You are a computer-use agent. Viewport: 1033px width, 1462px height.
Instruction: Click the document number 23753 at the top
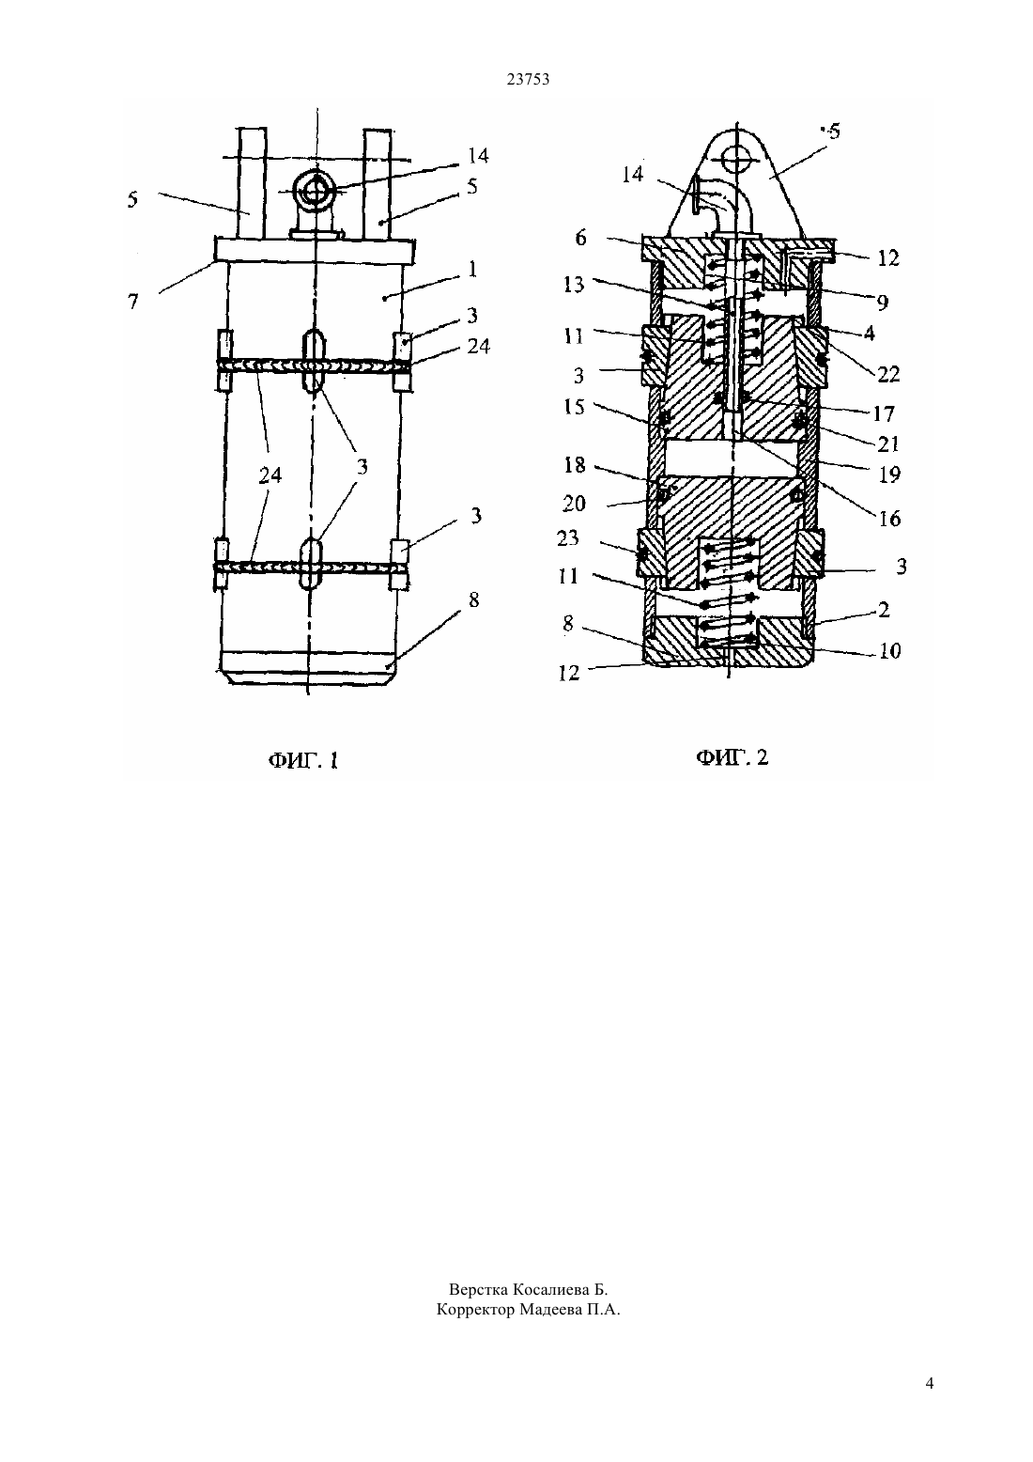tap(528, 80)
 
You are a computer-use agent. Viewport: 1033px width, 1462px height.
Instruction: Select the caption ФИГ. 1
tap(303, 760)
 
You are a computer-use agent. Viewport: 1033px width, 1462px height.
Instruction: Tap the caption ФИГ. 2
tap(732, 757)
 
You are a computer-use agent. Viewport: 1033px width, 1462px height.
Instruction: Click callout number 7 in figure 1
tap(133, 302)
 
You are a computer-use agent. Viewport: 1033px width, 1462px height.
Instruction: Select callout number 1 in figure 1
tap(472, 269)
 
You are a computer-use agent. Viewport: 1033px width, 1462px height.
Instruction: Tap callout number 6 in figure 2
tap(580, 238)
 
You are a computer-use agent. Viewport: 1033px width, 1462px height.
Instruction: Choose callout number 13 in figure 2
tap(574, 285)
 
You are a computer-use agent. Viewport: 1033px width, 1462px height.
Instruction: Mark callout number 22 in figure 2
tap(887, 374)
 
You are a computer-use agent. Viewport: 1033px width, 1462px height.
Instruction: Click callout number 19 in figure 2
tap(889, 474)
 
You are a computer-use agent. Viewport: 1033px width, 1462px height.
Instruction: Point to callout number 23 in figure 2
tap(567, 537)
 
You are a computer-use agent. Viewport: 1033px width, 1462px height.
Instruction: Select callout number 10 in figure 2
tap(890, 651)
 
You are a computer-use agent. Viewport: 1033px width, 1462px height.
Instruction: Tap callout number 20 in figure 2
tap(574, 504)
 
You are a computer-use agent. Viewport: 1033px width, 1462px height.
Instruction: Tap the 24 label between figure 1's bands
tap(270, 475)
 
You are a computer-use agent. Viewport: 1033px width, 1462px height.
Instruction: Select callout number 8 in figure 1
tap(473, 599)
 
